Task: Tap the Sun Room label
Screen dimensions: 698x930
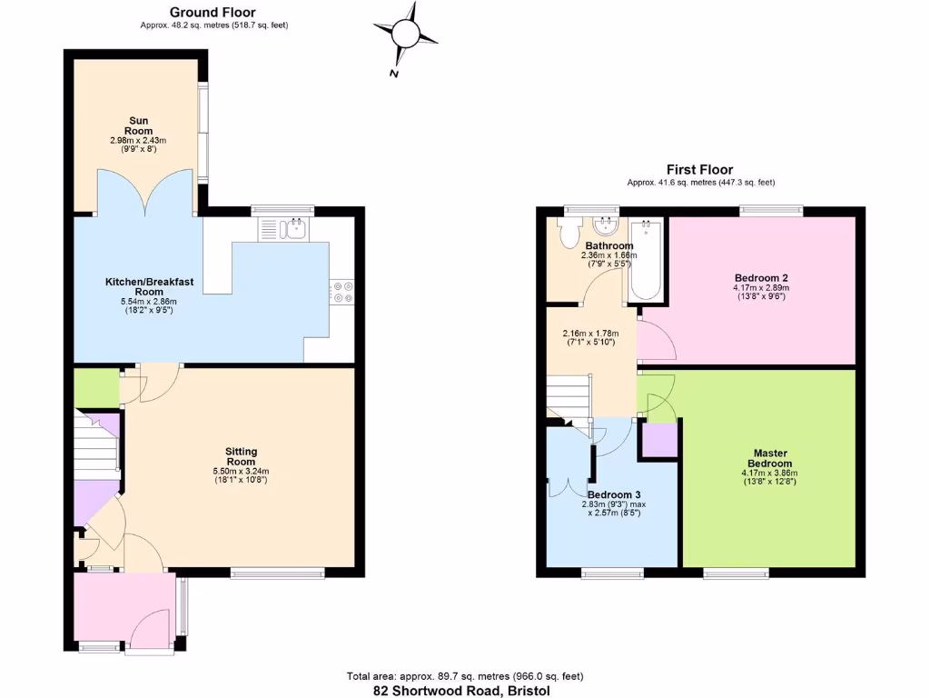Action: click(x=139, y=125)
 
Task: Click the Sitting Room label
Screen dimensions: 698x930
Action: click(x=241, y=456)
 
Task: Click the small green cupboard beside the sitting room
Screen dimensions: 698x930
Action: click(x=96, y=387)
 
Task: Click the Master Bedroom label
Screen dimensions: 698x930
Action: click(x=769, y=458)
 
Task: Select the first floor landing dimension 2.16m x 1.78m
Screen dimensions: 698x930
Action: click(x=589, y=337)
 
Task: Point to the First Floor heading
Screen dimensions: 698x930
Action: click(x=698, y=169)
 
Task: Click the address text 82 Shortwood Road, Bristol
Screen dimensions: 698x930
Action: click(x=461, y=691)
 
